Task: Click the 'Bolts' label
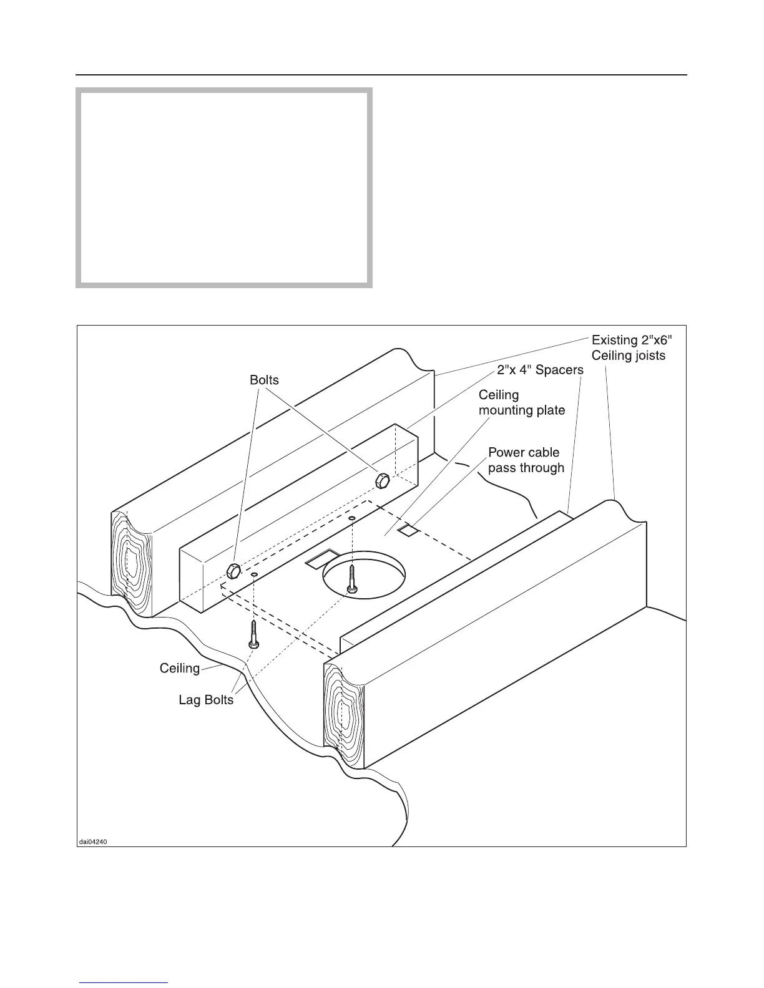click(264, 380)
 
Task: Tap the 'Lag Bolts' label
click(206, 700)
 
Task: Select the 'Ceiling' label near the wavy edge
click(180, 669)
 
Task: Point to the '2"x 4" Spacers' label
click(540, 370)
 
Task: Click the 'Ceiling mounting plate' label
click(521, 402)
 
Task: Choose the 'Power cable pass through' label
click(526, 460)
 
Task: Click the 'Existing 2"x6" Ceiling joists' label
click(632, 348)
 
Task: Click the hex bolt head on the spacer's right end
click(383, 480)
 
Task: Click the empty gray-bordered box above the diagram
click(224, 187)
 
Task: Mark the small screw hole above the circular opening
click(352, 518)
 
